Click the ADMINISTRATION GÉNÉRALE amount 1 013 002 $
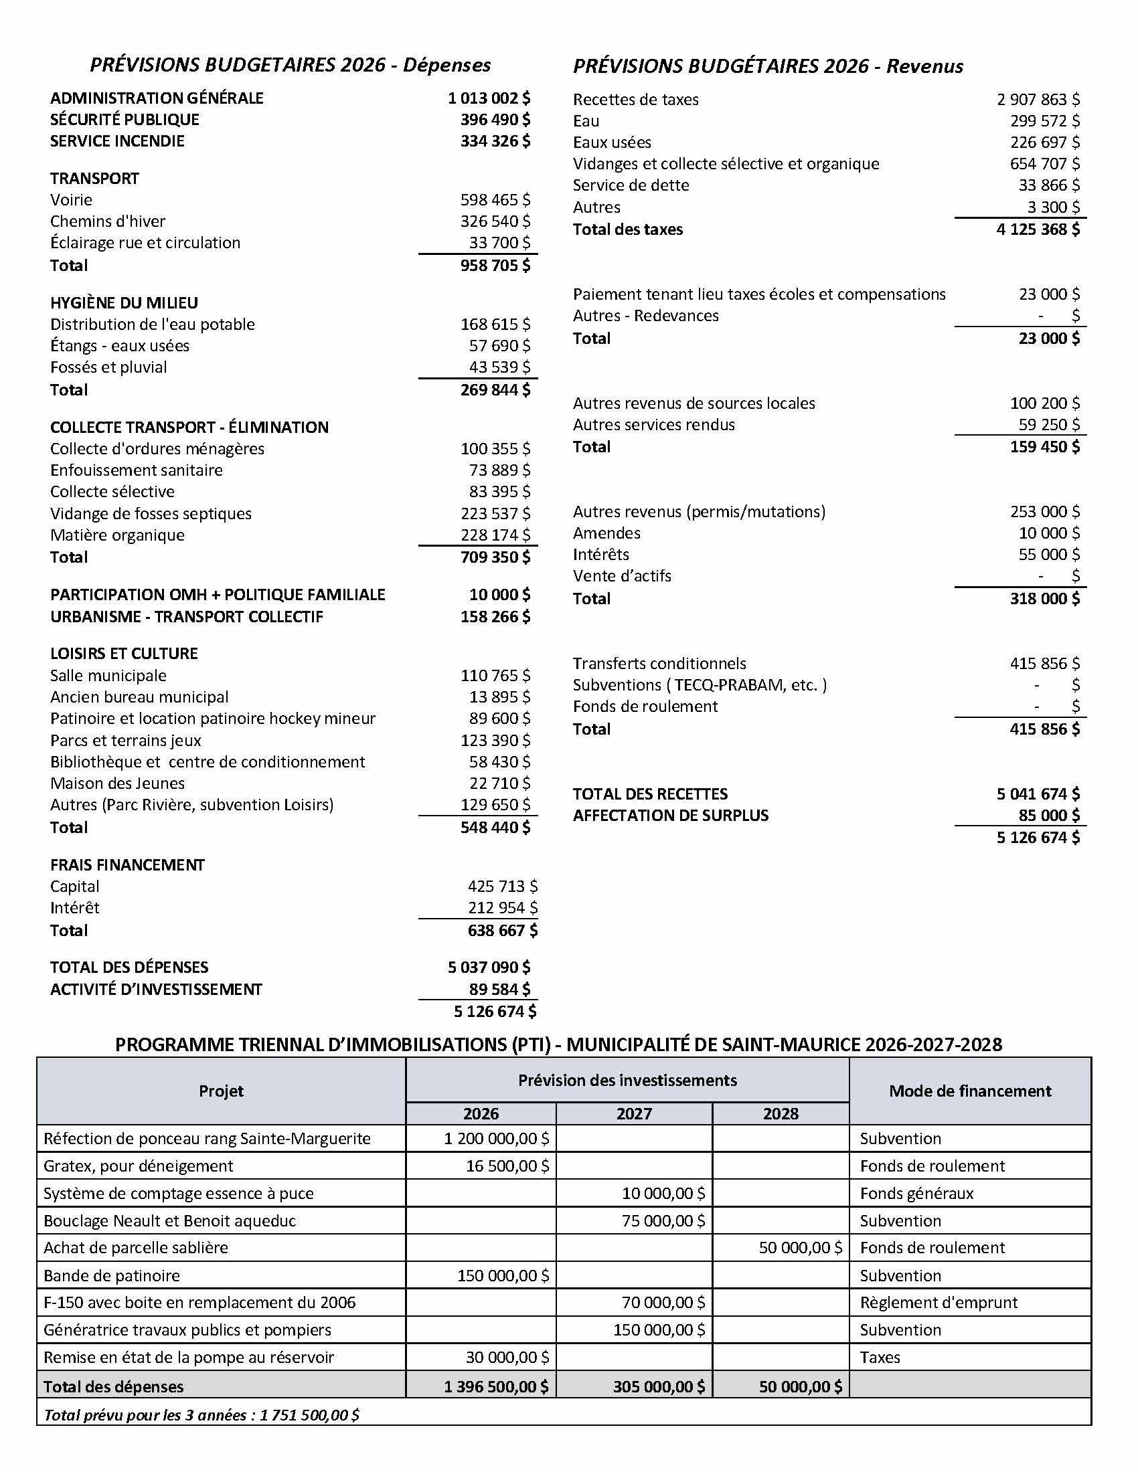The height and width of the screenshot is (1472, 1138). tap(489, 98)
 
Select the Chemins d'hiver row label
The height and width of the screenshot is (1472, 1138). tap(107, 221)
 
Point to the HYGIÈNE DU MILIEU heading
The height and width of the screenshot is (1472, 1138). tap(124, 302)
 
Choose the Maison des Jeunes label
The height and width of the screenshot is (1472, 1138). tap(117, 784)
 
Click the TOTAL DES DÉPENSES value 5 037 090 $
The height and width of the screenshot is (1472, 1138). tap(489, 968)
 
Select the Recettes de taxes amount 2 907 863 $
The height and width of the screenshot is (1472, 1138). tap(1038, 100)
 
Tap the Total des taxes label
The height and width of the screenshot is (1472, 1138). tap(628, 229)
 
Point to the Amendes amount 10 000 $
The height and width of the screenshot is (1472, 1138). tap(1049, 533)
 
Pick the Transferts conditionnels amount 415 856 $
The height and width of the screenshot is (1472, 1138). tap(1044, 663)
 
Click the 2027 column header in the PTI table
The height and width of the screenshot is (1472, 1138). tap(634, 1113)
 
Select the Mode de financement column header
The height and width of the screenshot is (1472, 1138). tap(969, 1091)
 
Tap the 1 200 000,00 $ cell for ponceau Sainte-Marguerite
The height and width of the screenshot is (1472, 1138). tap(496, 1138)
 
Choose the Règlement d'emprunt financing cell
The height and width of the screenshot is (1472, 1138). tap(939, 1302)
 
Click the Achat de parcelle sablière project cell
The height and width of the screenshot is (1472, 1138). tap(135, 1248)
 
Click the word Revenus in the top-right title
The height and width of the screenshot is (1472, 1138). tap(924, 66)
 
